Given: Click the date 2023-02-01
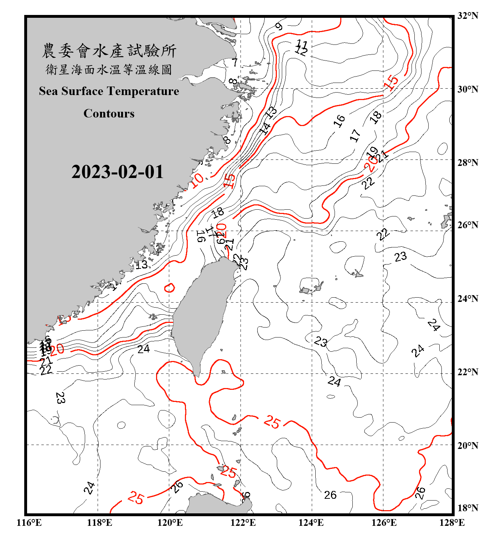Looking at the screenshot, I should click(117, 172).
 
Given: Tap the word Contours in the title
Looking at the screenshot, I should click(109, 114).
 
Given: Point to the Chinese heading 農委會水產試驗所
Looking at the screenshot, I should click(109, 51).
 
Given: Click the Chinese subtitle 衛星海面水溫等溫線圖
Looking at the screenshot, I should click(109, 69).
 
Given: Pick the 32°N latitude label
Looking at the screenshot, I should click(467, 16).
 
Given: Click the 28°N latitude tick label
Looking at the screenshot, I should click(467, 163).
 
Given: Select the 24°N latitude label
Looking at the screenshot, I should click(467, 299).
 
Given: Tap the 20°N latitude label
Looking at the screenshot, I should click(467, 445).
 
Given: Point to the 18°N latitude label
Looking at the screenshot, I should click(467, 508).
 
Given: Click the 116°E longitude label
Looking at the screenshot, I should click(29, 523).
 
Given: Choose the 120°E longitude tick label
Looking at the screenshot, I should click(170, 523).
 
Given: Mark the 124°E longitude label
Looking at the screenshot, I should click(311, 523).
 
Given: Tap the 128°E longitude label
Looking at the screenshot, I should click(452, 523).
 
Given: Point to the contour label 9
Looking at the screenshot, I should click(279, 26).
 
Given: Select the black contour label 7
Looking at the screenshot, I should click(234, 63).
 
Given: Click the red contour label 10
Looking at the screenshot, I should click(197, 180).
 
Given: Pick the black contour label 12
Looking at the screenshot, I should click(301, 52).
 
